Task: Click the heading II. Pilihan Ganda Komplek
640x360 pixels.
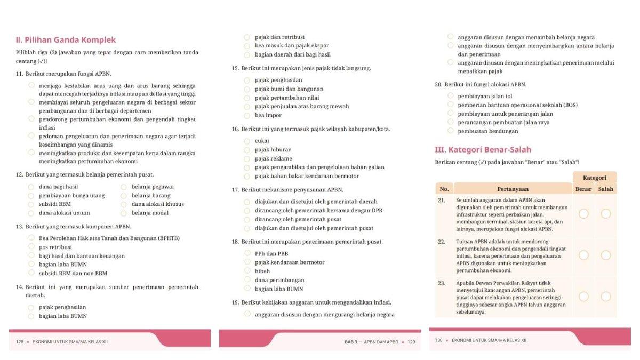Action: [66, 40]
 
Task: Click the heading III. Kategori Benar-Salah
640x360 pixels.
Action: [483, 150]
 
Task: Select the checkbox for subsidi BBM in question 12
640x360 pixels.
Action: [31, 204]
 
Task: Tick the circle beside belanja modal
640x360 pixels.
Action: [124, 213]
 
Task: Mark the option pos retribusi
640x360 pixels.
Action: [31, 247]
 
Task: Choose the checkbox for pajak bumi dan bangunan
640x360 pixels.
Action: [247, 89]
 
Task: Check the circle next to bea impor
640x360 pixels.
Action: [247, 115]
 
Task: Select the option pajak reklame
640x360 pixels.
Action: [247, 158]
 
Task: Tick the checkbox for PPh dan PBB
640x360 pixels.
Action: [247, 253]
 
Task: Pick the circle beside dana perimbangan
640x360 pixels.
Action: [247, 279]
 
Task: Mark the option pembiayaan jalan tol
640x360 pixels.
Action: [450, 96]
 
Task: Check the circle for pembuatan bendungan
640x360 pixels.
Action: [450, 131]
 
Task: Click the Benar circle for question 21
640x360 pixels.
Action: [583, 214]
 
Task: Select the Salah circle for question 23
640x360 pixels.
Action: [606, 297]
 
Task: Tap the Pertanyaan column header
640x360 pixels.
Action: [513, 189]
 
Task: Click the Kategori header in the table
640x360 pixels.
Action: [594, 178]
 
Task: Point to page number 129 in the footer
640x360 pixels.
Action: [411, 341]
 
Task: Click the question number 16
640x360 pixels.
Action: [235, 129]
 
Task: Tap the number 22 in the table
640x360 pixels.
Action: [442, 242]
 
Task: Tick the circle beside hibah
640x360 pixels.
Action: [247, 271]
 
